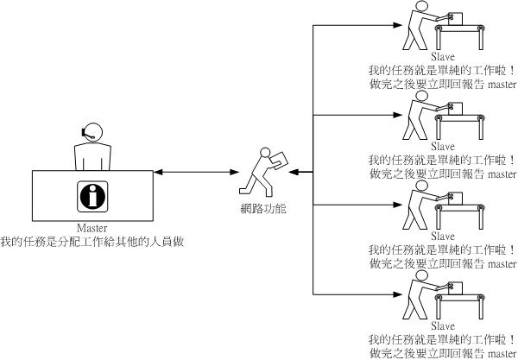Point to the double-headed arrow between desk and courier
point(198,174)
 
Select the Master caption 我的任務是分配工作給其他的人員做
point(92,242)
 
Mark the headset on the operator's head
point(85,132)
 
